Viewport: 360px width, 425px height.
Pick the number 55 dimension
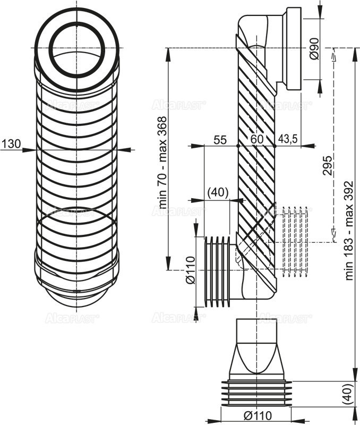tap(220, 140)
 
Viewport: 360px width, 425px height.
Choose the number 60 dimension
tap(257, 140)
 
